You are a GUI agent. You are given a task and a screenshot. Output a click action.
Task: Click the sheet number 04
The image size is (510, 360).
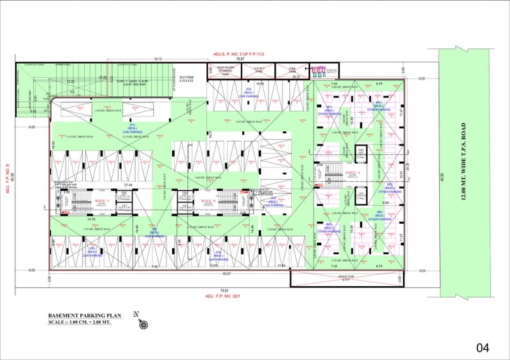(x=482, y=347)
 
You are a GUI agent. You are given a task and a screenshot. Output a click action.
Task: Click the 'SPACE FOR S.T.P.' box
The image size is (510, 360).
(x=346, y=278)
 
